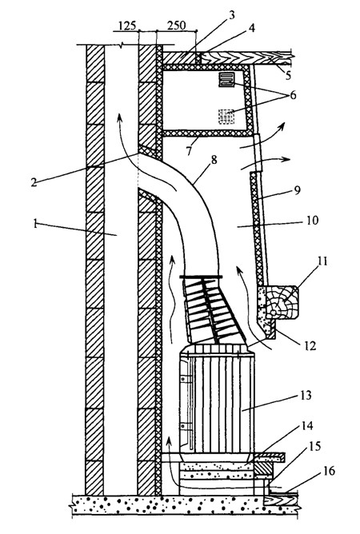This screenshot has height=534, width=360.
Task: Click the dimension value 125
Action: [127, 26]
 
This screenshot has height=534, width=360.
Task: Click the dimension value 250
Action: [177, 26]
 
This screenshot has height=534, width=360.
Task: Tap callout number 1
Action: [35, 224]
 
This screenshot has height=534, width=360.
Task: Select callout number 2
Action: [34, 182]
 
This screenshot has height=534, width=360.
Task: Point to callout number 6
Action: [293, 95]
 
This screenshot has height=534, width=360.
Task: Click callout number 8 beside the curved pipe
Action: [214, 160]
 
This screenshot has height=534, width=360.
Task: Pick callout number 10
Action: [312, 220]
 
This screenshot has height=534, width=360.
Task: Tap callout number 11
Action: [322, 262]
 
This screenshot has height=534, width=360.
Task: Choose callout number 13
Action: [306, 396]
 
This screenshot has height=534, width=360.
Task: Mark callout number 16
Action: [330, 471]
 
